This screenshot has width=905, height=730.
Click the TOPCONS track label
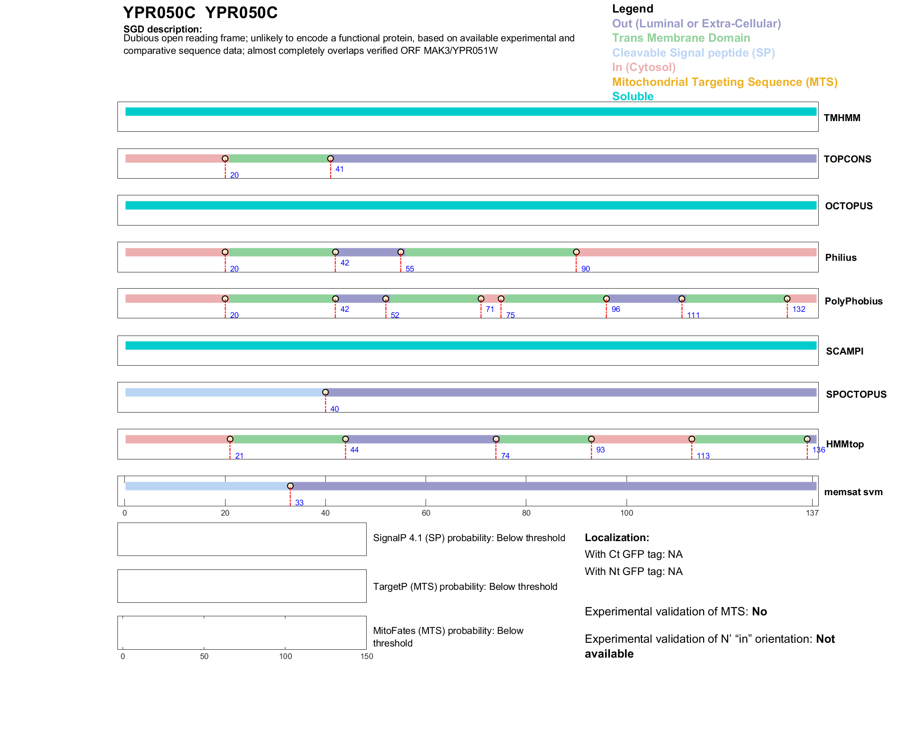pyautogui.click(x=847, y=159)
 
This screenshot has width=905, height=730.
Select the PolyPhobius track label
pyautogui.click(x=853, y=301)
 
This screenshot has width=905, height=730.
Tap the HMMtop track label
pyautogui.click(x=845, y=444)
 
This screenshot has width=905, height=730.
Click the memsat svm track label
pyautogui.click(x=853, y=492)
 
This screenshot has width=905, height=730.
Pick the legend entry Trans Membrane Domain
pyautogui.click(x=681, y=38)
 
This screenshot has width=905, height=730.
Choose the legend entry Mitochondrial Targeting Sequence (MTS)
pyautogui.click(x=724, y=82)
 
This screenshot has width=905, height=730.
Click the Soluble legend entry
pyautogui.click(x=633, y=97)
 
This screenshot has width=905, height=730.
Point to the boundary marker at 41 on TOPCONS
pyautogui.click(x=330, y=159)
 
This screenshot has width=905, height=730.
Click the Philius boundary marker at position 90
pyautogui.click(x=576, y=252)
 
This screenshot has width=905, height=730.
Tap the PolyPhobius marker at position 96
pyautogui.click(x=606, y=299)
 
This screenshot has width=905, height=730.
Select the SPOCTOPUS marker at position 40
pyautogui.click(x=325, y=393)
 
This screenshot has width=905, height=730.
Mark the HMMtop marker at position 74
pyautogui.click(x=496, y=439)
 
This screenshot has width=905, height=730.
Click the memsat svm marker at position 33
pyautogui.click(x=290, y=486)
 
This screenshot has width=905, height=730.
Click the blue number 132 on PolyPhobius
pyautogui.click(x=799, y=310)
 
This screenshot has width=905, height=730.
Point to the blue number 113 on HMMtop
pyautogui.click(x=703, y=456)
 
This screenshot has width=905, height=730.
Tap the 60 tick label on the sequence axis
pyautogui.click(x=426, y=513)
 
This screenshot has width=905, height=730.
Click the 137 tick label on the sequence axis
pyautogui.click(x=812, y=513)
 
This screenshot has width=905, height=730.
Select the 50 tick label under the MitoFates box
pyautogui.click(x=204, y=656)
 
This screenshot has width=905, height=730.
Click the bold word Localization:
pyautogui.click(x=617, y=538)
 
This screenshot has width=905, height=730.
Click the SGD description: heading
pyautogui.click(x=162, y=29)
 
